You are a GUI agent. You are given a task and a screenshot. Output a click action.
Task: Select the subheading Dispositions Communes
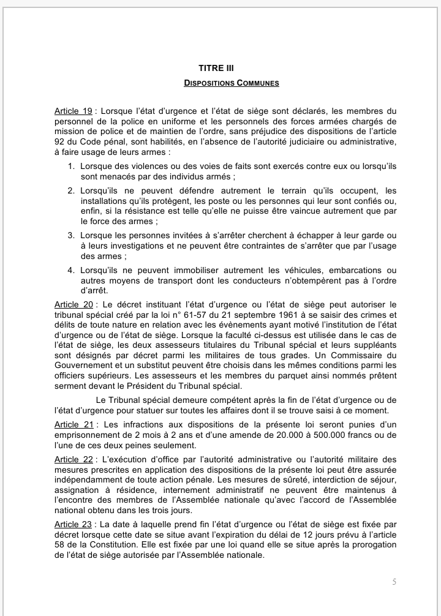pos(232,83)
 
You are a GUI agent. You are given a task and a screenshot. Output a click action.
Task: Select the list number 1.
pos(71,167)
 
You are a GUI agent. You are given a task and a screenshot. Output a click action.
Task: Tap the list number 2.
pos(71,191)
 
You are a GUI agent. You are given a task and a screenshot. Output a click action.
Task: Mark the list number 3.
pos(71,235)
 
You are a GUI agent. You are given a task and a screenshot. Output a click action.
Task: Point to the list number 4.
pos(71,270)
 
